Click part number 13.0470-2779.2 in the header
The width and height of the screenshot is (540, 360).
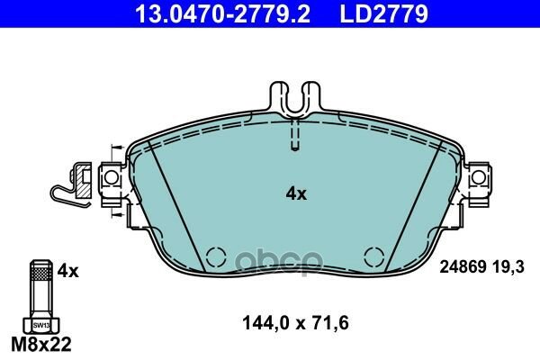tap(223, 13)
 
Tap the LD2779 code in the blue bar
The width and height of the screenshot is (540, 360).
tap(384, 13)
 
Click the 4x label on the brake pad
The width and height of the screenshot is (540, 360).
tap(296, 194)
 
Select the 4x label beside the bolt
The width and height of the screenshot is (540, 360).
tap(67, 271)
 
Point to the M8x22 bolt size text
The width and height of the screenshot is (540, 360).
tap(41, 344)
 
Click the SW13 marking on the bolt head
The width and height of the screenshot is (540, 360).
tap(41, 325)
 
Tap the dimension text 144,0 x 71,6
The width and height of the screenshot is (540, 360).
tap(295, 323)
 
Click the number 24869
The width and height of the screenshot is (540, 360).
tap(463, 267)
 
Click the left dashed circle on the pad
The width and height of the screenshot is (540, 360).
tap(216, 257)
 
